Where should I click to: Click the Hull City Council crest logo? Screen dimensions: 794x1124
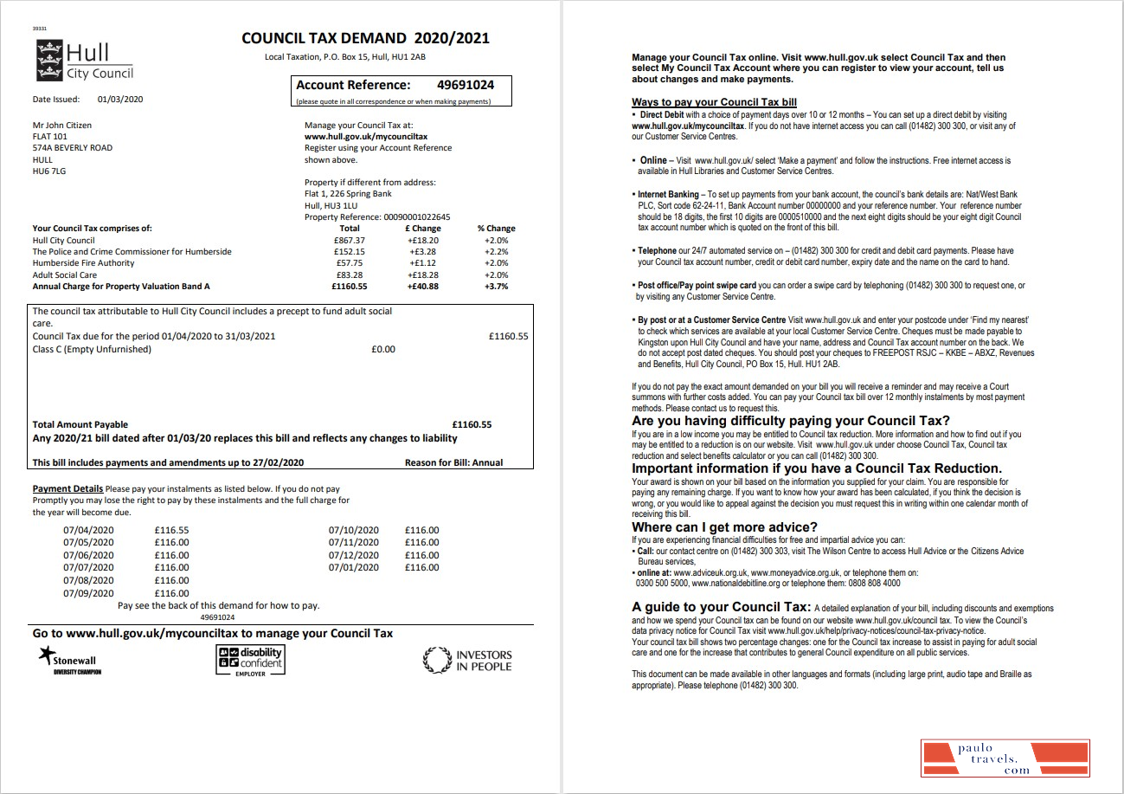(x=48, y=59)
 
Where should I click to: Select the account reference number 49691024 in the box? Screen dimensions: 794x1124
(x=466, y=85)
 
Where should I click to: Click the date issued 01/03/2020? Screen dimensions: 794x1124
(x=120, y=100)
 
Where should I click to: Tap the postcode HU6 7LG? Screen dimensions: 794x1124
(x=48, y=171)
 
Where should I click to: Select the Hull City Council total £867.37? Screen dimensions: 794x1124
(x=350, y=240)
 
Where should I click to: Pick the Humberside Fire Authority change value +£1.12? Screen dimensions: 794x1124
(x=424, y=262)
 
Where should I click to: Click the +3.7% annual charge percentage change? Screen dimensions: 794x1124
(x=496, y=286)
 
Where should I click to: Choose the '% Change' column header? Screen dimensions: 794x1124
(x=496, y=229)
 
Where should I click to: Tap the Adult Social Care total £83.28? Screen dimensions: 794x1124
(x=350, y=274)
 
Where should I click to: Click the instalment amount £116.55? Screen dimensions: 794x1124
(x=171, y=530)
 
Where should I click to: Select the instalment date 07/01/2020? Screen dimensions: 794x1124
(x=354, y=567)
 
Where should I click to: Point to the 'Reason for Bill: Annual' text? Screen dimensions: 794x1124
(x=453, y=462)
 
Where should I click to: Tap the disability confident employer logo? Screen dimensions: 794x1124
(x=250, y=661)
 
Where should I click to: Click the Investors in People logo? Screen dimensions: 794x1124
(x=468, y=661)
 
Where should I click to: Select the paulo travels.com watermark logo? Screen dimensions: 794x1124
(x=1005, y=758)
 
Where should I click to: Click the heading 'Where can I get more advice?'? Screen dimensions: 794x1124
(x=724, y=527)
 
